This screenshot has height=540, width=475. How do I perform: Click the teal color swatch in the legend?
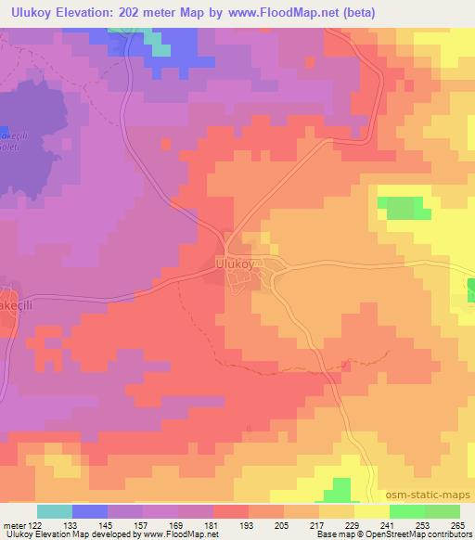point(54,511)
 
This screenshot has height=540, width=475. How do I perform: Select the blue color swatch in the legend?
point(89,511)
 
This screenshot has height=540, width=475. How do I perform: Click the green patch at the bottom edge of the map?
point(340,491)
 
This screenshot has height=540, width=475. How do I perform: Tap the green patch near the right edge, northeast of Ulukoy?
point(402,207)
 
